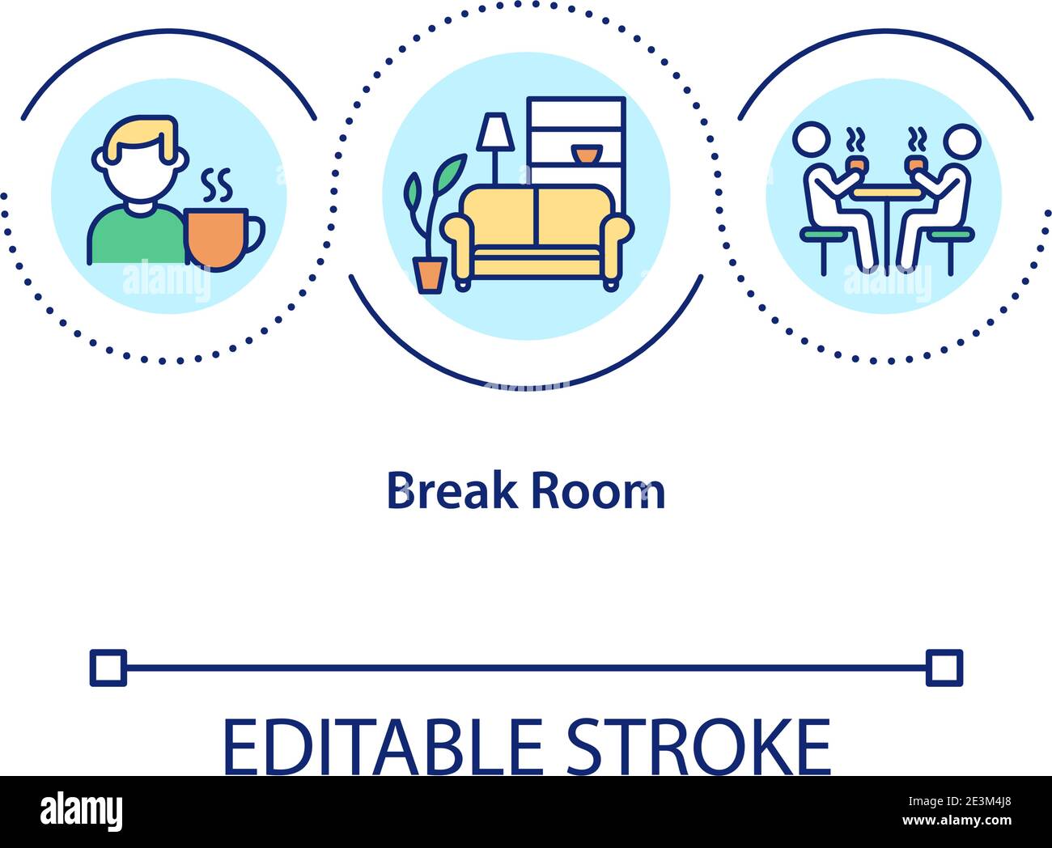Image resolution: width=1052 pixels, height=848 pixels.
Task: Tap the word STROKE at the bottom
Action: [x=698, y=746]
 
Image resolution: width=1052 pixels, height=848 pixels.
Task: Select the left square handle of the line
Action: [x=108, y=668]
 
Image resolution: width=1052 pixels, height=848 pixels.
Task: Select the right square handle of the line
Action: [x=944, y=668]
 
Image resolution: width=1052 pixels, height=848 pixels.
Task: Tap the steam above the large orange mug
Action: [x=217, y=186]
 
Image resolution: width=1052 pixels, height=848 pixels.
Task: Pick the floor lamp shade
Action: [x=494, y=132]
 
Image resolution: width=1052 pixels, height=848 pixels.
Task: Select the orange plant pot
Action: [x=429, y=274]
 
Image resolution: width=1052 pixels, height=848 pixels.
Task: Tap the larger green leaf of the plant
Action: [x=450, y=172]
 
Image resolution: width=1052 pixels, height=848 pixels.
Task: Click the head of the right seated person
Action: [x=961, y=140]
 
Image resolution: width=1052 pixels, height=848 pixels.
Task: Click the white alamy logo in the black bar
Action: [x=82, y=811]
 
